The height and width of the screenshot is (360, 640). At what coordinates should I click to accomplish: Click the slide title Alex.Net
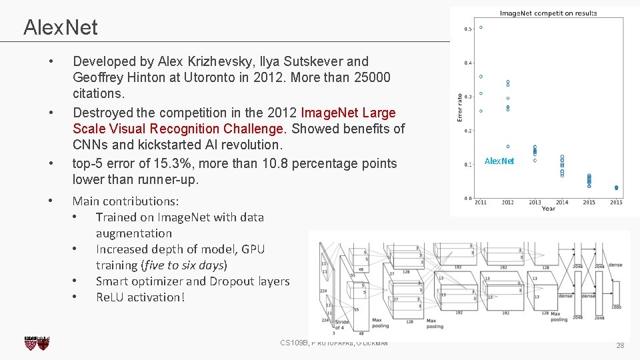point(60,27)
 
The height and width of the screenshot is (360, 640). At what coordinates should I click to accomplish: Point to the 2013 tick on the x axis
point(535,202)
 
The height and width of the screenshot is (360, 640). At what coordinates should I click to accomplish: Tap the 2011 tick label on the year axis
point(480,202)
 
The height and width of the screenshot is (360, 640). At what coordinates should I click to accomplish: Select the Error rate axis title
point(459,107)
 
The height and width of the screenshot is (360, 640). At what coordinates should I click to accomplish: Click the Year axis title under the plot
point(548,209)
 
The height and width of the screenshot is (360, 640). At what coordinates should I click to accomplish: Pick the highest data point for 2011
point(481,27)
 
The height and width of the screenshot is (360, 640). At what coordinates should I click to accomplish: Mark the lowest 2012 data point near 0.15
point(508,147)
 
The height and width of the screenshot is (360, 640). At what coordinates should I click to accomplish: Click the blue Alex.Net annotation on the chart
point(499,161)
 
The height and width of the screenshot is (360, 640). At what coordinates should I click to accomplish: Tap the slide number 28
point(620,345)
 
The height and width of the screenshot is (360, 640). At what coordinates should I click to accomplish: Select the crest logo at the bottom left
point(37,343)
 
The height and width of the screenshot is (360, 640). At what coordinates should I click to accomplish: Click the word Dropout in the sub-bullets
point(233,281)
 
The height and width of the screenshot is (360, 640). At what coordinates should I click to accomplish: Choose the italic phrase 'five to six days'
point(183,265)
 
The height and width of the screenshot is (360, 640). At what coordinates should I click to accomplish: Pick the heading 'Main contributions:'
point(125,201)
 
